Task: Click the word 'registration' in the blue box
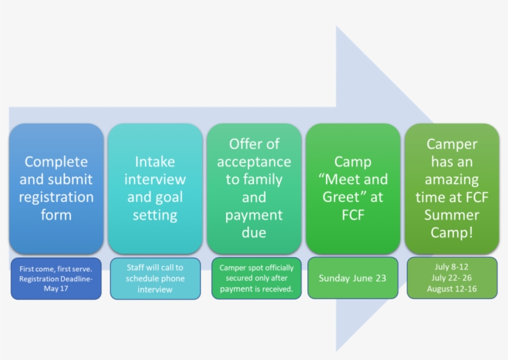coord(56,198)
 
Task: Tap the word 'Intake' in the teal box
coord(155,162)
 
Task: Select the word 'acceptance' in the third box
coord(254,162)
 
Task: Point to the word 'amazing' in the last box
coord(452,180)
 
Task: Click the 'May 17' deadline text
coord(56,288)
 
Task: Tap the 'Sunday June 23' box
coord(353,278)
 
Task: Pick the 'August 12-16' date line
coord(452,289)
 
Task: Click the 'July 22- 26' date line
coord(452,278)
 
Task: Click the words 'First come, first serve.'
coord(56,270)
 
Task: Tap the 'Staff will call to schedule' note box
coord(155,278)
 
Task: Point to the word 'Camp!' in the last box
coord(452,233)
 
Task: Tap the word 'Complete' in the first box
coord(56,162)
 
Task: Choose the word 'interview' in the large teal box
coord(155,180)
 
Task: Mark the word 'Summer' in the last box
coord(452,215)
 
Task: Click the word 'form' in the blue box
coord(56,215)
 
